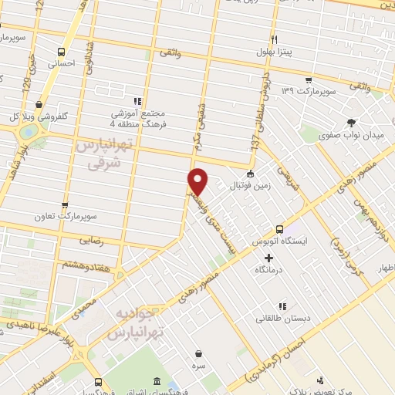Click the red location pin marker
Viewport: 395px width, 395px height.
coord(198,181)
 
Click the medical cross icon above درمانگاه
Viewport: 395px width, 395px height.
coord(268,258)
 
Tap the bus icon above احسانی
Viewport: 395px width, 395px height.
coord(62,52)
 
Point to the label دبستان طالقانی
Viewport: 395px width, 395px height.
coord(285,317)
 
